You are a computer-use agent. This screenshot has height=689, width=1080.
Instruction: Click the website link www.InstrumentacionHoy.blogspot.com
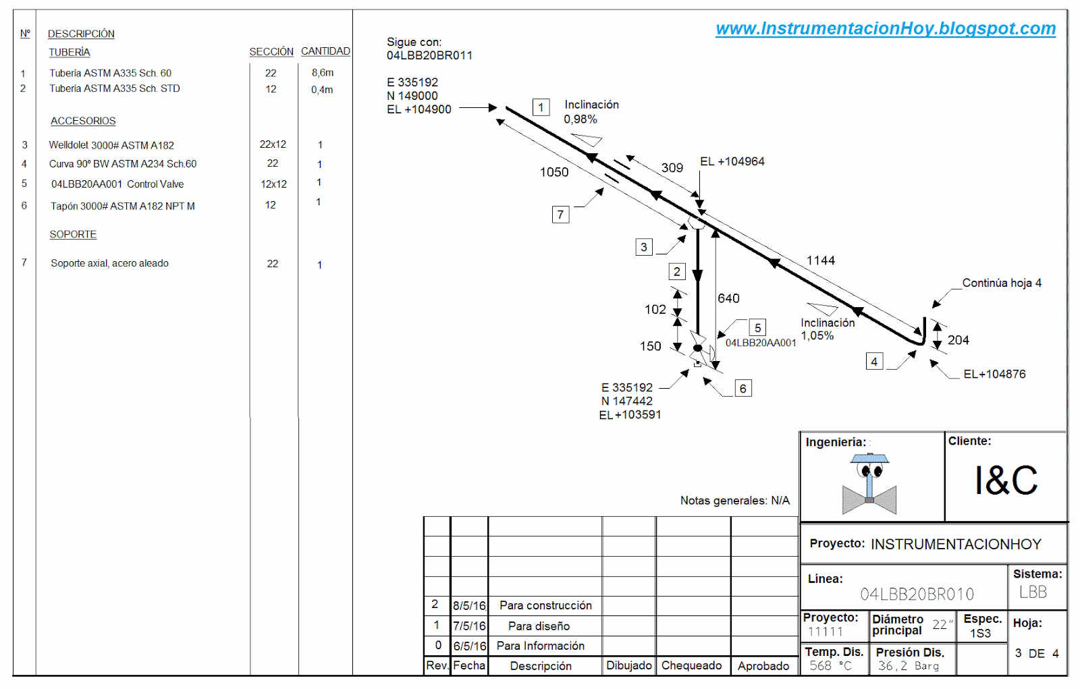pos(886,28)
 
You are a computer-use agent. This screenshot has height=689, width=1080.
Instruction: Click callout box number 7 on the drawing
pos(560,215)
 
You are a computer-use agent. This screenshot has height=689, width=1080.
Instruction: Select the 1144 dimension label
pos(820,260)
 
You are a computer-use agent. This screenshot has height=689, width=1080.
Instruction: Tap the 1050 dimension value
pos(554,172)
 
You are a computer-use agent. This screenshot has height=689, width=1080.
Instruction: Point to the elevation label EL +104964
pos(732,161)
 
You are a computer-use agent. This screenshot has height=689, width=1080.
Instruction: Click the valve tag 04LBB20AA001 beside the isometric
pos(761,343)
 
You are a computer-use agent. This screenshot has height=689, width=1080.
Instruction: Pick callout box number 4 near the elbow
pos(874,362)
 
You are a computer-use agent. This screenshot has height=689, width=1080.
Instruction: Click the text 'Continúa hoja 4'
pos(1002,283)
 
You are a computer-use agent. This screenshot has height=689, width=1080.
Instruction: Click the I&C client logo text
pos(1006,480)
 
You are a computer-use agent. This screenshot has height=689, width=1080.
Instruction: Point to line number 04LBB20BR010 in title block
pos(917,594)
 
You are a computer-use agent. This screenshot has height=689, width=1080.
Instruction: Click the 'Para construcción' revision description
pos(545,605)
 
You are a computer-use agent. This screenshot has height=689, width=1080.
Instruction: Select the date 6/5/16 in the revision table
pos(469,646)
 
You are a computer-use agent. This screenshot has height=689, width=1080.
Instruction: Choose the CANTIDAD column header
pos(325,51)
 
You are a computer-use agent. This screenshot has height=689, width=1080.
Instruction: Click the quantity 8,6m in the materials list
pos(323,73)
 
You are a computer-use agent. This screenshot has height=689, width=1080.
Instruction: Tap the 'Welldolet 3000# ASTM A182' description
pos(111,145)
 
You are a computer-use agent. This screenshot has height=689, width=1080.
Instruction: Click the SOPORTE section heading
pos(73,234)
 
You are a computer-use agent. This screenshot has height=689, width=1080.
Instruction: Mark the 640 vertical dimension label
pos(728,298)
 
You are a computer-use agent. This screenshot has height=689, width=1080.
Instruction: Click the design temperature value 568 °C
pos(830,665)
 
